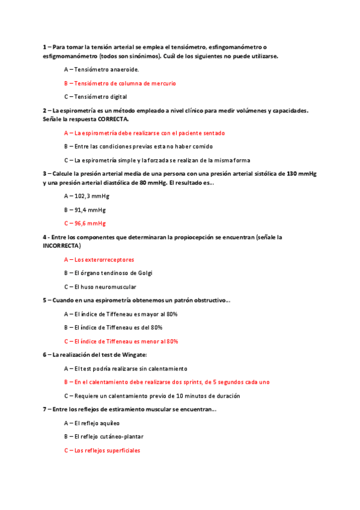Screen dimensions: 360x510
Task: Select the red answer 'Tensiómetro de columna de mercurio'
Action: pos(120,83)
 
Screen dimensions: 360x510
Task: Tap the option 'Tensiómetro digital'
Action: pos(96,96)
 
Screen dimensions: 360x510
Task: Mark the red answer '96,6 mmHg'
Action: pos(85,223)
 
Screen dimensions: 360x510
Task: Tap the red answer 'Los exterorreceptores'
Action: pos(99,260)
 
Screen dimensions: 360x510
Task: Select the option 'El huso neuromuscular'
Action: pos(100,287)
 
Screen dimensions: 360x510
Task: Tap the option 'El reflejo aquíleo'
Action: pos(91,423)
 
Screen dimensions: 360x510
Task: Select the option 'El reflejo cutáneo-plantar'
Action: pos(104,436)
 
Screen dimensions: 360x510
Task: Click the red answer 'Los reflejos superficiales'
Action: pos(102,450)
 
